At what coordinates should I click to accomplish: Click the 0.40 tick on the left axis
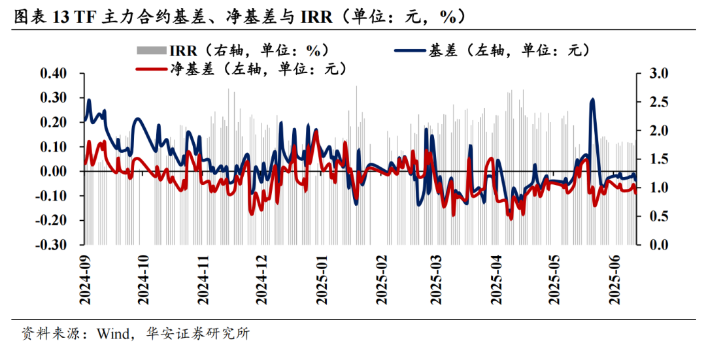54,73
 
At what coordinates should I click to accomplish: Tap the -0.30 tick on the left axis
52,246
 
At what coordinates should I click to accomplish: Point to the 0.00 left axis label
54,172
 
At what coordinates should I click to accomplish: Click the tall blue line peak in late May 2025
592,100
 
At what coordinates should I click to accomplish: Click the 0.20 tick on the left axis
54,122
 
